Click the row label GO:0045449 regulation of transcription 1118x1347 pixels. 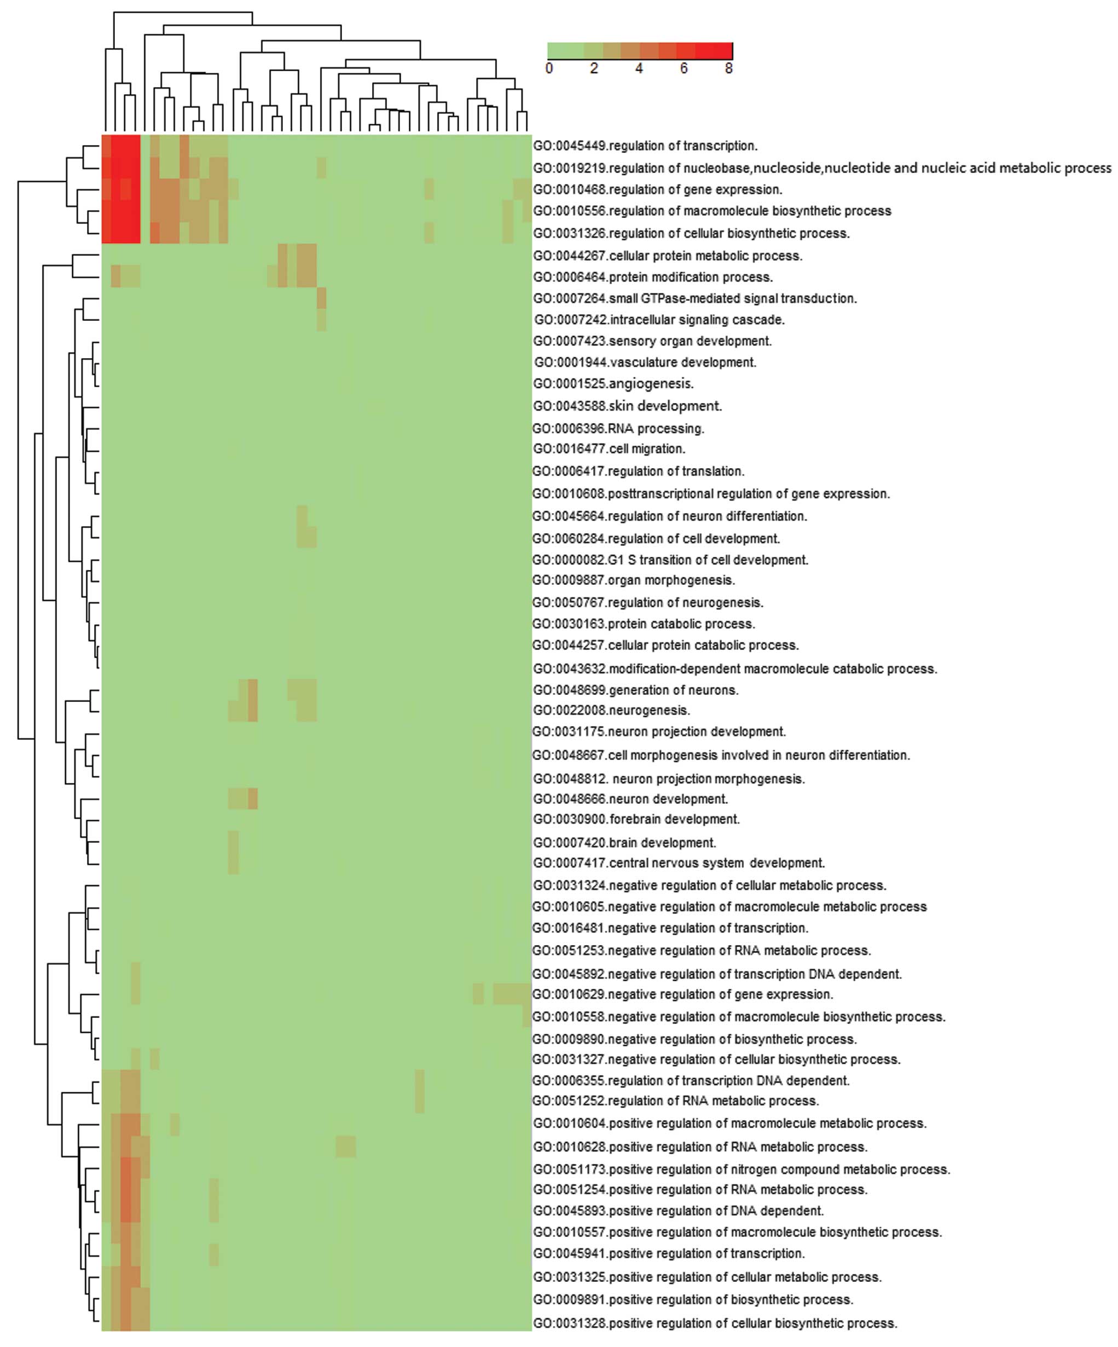pyautogui.click(x=645, y=146)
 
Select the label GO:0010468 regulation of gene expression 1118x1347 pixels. pyautogui.click(x=657, y=190)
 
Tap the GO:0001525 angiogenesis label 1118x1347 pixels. pyautogui.click(x=613, y=384)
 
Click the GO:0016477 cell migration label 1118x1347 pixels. pyautogui.click(x=609, y=449)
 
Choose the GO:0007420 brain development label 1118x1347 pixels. pyautogui.click(x=624, y=843)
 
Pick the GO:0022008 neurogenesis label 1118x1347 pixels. pyautogui.click(x=611, y=711)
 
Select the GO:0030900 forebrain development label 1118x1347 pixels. pyautogui.click(x=636, y=820)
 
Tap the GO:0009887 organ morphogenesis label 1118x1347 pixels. pyautogui.click(x=633, y=580)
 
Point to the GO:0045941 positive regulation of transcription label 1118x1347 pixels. pyautogui.click(x=669, y=1253)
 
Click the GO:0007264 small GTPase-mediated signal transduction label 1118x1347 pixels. pyautogui.click(x=694, y=299)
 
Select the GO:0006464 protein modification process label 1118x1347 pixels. pyautogui.click(x=653, y=278)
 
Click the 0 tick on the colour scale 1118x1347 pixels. pyautogui.click(x=549, y=68)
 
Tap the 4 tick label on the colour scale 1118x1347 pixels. pyautogui.click(x=639, y=68)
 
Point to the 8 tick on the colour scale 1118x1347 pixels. pyautogui.click(x=729, y=68)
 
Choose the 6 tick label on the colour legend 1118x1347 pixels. pyautogui.click(x=684, y=68)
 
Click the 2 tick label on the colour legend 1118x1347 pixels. pyautogui.click(x=594, y=68)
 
